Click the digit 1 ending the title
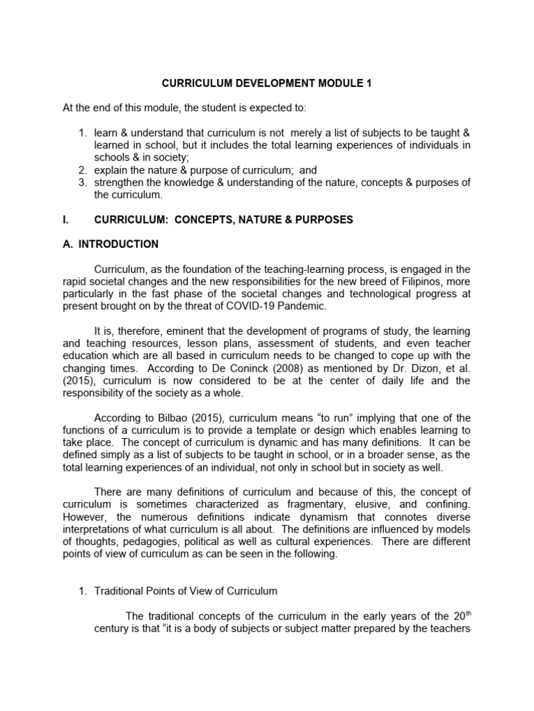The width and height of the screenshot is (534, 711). click(369, 83)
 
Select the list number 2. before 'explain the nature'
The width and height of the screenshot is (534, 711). click(82, 170)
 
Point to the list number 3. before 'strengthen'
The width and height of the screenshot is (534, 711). click(82, 183)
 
